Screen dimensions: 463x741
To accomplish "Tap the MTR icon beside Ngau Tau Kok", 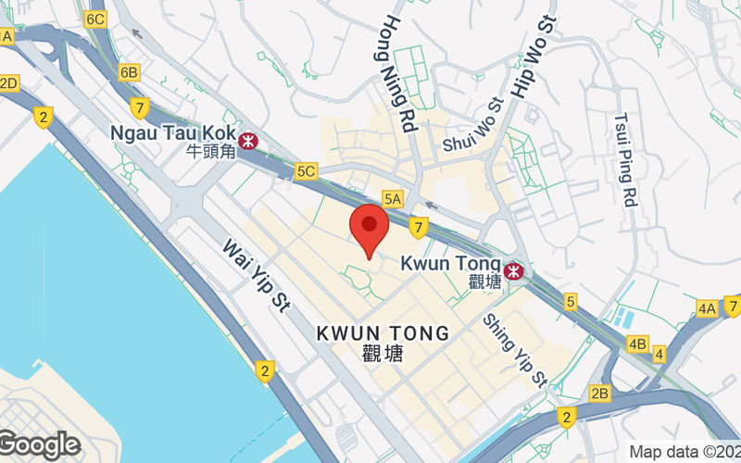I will (247, 141).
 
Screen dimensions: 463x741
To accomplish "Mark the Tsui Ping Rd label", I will (627, 159).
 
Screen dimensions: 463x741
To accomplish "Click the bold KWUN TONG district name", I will (383, 332).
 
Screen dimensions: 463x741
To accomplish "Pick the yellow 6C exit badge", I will (94, 19).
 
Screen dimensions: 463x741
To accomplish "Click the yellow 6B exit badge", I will (129, 72).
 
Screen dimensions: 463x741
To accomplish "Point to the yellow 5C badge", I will (306, 170).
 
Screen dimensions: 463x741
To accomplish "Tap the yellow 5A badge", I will (393, 198).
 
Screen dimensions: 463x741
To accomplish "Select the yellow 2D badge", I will (8, 83).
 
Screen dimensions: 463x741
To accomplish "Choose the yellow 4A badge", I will (708, 308).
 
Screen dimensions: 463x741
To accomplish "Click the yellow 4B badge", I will (637, 344).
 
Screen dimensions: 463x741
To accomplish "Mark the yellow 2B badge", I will (600, 394).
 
